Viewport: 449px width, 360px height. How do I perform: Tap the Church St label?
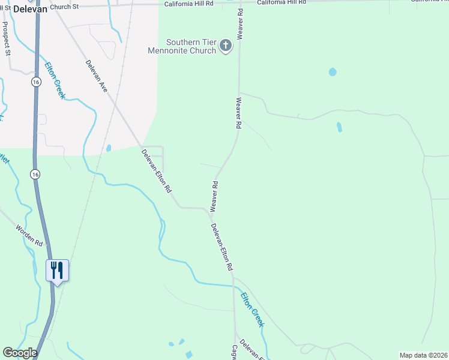(x=65, y=7)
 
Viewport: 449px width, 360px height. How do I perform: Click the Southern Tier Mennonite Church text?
(x=182, y=46)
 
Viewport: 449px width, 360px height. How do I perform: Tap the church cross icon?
(x=226, y=46)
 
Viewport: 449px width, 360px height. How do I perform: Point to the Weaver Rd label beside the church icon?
(x=240, y=25)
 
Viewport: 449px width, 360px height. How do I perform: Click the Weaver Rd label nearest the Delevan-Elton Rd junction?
(x=213, y=197)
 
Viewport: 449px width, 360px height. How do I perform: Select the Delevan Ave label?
(x=97, y=76)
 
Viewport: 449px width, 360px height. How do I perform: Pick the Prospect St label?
(x=7, y=39)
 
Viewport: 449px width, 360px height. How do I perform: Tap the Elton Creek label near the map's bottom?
(x=252, y=309)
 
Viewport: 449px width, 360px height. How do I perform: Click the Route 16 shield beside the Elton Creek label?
(x=37, y=82)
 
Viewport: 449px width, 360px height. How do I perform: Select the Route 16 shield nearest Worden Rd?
(x=36, y=174)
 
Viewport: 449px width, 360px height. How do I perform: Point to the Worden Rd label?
(x=29, y=236)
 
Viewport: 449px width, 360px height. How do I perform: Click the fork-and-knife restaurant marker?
(x=58, y=271)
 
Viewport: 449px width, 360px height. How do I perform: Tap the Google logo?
(x=20, y=352)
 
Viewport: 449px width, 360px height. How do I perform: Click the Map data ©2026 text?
(x=423, y=355)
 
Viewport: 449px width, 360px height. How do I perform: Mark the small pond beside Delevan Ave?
(x=109, y=148)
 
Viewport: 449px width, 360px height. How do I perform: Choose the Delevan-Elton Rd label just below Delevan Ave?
(x=157, y=170)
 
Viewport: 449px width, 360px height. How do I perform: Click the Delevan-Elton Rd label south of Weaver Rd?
(x=221, y=247)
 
